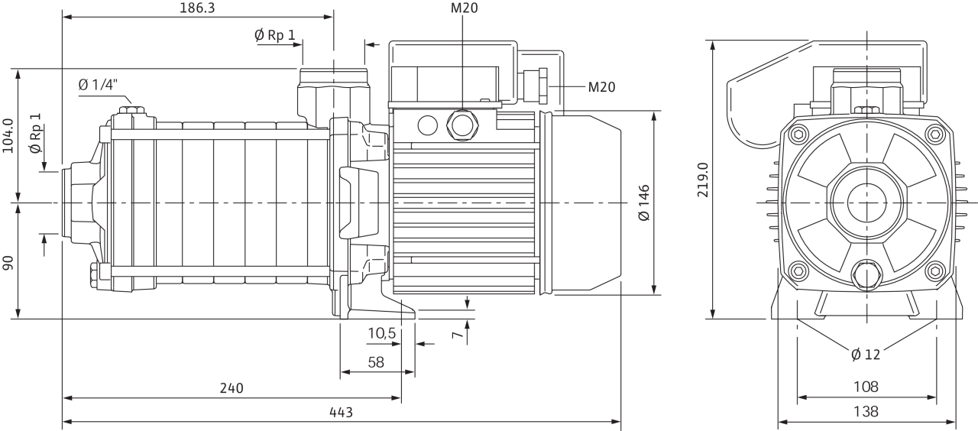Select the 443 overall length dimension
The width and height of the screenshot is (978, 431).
pyautogui.click(x=341, y=413)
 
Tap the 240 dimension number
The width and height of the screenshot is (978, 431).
pyautogui.click(x=231, y=388)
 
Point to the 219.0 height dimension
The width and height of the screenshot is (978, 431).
pyautogui.click(x=703, y=179)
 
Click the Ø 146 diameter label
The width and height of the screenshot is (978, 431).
pyautogui.click(x=644, y=202)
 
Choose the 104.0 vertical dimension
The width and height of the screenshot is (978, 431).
pyautogui.click(x=8, y=135)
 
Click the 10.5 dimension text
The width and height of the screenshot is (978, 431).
pyautogui.click(x=381, y=333)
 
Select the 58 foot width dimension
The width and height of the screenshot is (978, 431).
pyautogui.click(x=375, y=362)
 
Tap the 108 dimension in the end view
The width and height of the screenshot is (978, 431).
pyautogui.click(x=866, y=387)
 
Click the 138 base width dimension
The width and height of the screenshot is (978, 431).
pyautogui.click(x=866, y=411)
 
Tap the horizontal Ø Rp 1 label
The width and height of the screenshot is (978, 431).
pyautogui.click(x=274, y=34)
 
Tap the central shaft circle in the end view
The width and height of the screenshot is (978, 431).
pyautogui.click(x=867, y=203)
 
